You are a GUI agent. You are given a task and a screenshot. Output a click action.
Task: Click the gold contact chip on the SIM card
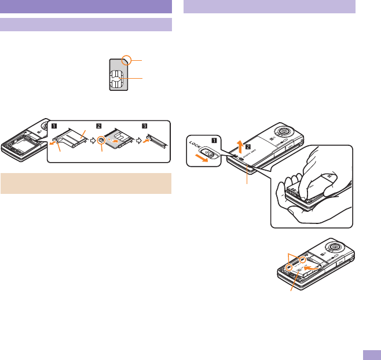point(118,79)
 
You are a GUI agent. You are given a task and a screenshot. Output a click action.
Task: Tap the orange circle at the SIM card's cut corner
point(129,60)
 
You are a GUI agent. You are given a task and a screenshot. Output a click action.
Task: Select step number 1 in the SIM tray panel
point(54,124)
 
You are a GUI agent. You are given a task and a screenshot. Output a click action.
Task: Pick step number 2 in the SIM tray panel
point(99,124)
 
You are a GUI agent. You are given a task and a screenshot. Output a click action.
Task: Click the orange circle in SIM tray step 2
point(102,140)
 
